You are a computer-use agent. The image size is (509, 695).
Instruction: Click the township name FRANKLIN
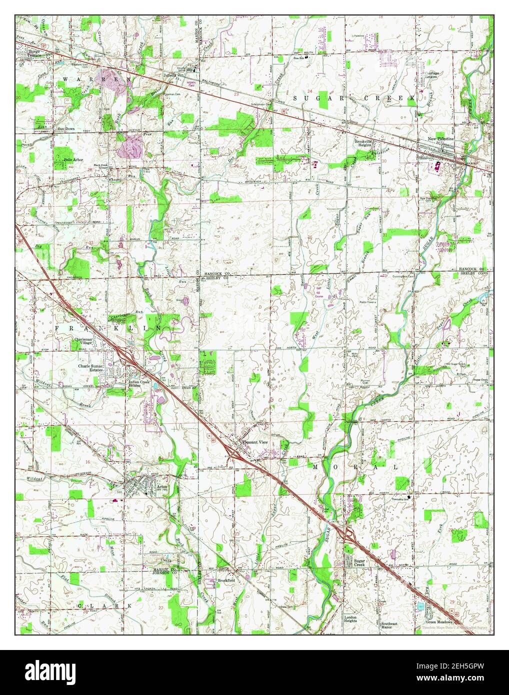tap(108, 327)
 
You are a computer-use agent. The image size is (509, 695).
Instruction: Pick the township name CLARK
tap(105, 605)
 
